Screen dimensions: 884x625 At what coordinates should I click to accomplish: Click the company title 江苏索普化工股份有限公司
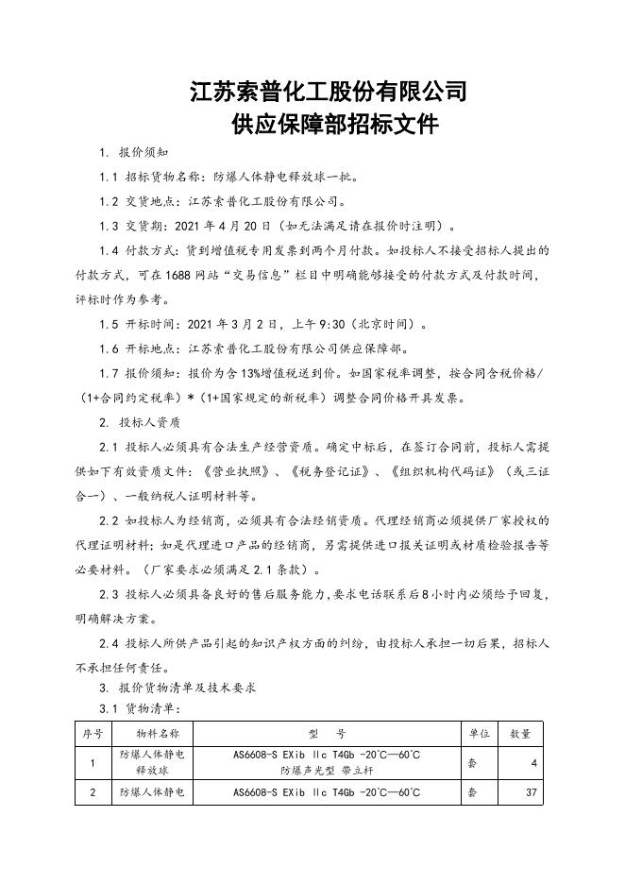(328, 92)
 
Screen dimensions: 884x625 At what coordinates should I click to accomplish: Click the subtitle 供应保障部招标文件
(328, 125)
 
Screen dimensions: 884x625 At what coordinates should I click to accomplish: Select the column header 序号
(92, 733)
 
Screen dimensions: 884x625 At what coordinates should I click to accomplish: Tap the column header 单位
(478, 733)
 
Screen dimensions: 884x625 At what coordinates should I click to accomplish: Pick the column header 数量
(520, 733)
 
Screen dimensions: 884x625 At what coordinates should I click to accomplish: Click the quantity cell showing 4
(533, 762)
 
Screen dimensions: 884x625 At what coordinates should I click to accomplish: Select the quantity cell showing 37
(531, 792)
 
